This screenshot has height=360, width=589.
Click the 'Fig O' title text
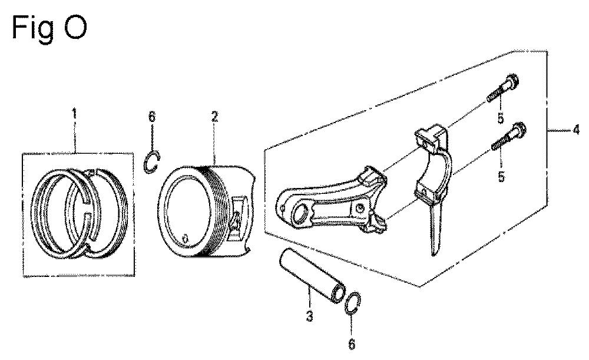click(49, 28)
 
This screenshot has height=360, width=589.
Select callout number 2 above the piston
click(214, 117)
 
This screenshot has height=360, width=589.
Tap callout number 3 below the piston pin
click(309, 316)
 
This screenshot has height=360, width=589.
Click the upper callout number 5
click(500, 119)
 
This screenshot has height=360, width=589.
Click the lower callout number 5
click(501, 177)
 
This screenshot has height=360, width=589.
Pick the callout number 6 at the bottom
click(352, 344)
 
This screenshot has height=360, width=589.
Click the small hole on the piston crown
click(184, 238)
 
